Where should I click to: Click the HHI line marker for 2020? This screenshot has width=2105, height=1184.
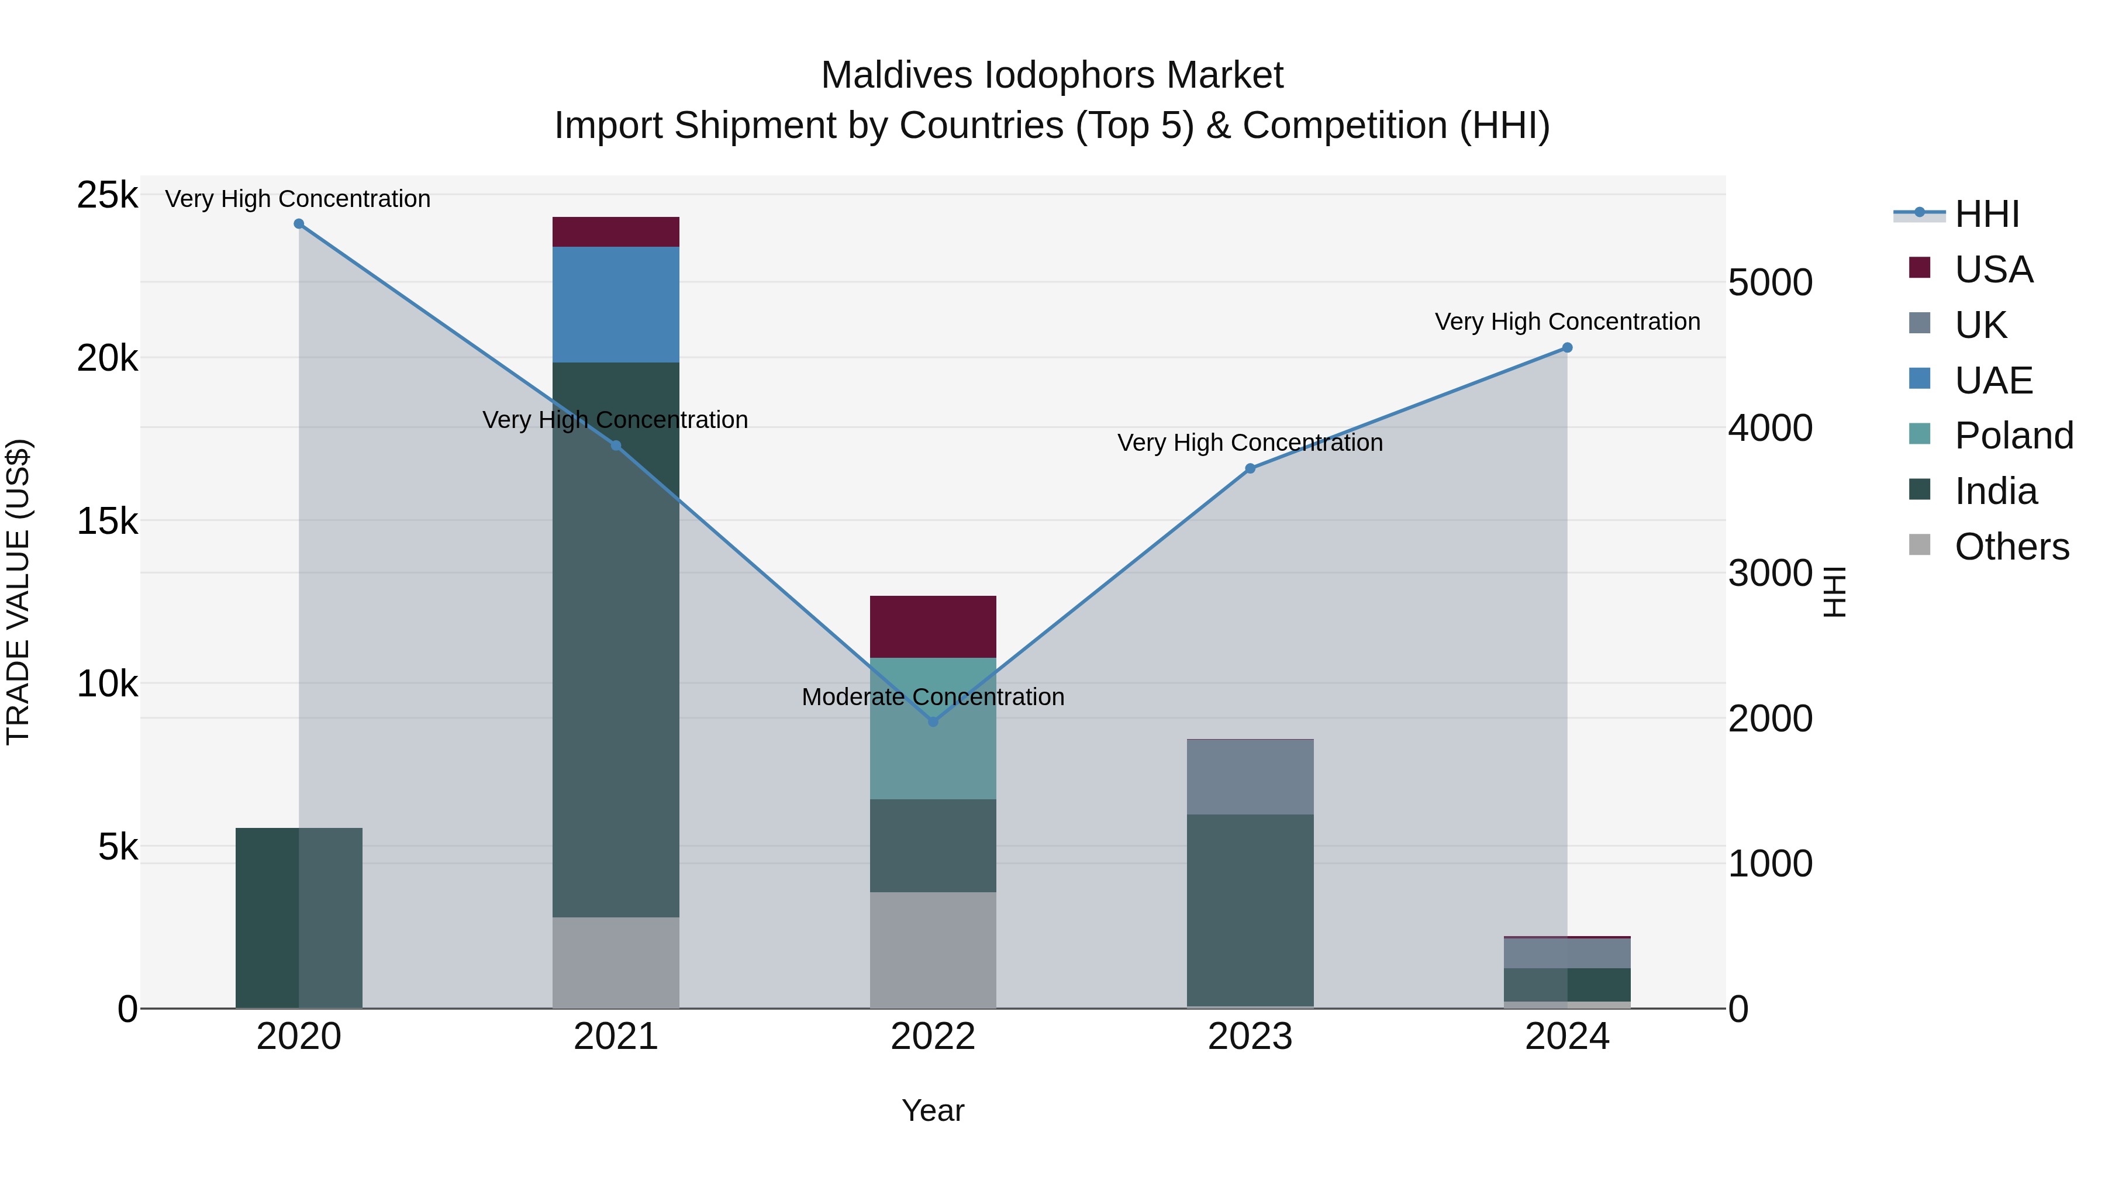299,224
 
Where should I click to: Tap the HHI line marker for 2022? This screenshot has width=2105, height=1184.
933,722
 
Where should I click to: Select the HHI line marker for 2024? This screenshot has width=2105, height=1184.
1567,348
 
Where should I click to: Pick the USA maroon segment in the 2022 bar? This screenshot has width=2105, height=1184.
933,627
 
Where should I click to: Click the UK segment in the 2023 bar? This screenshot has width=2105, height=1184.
1250,776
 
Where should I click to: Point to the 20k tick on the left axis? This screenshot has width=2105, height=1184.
107,358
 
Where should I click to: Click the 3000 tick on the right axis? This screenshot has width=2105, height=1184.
1770,573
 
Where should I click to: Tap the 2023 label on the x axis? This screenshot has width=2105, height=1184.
1250,1037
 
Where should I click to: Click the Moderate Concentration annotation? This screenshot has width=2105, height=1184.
933,697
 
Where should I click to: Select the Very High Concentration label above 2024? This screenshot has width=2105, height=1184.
1566,322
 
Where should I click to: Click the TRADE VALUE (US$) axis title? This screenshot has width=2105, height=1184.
18,592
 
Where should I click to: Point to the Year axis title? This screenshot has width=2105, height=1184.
933,1110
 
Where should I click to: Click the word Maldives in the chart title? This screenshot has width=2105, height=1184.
896,75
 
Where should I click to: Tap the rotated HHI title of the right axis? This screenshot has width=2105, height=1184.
1834,592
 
